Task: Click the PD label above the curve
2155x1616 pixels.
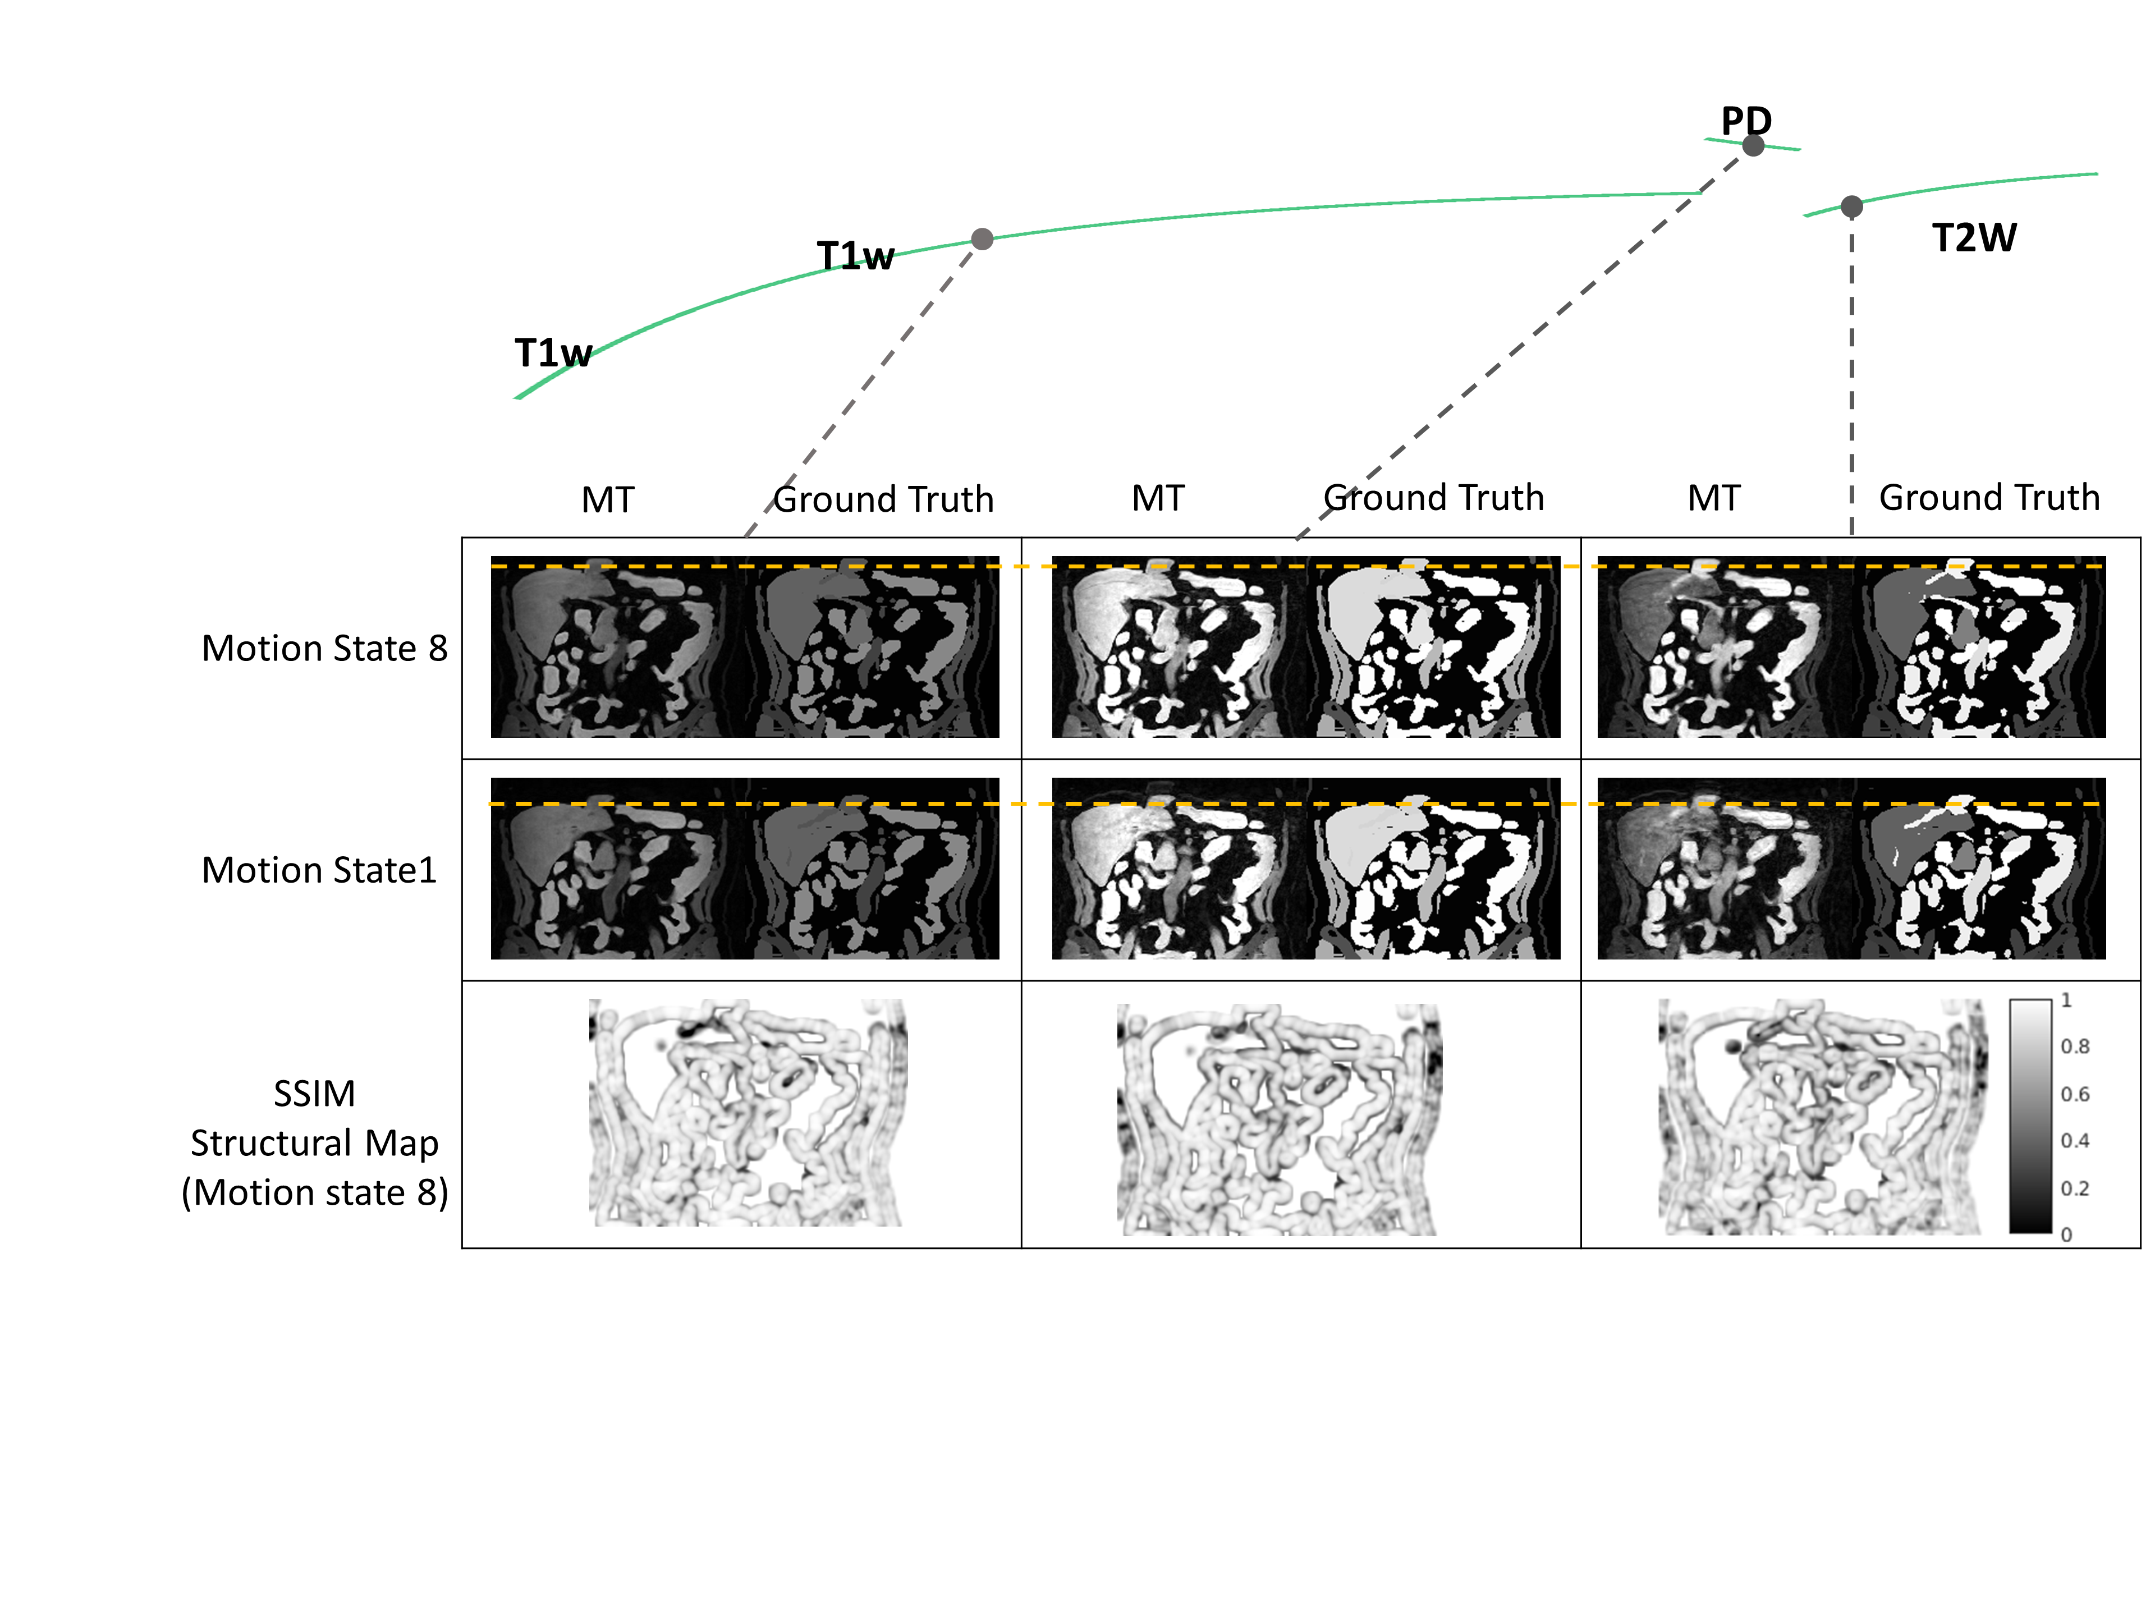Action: tap(1746, 121)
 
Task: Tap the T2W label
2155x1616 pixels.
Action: tap(1974, 238)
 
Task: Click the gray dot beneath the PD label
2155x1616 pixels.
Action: tap(1753, 146)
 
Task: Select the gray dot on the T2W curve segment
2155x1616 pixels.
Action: tap(1851, 206)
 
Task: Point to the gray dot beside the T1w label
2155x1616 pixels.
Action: tap(982, 238)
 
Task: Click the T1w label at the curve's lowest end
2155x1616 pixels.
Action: tap(552, 352)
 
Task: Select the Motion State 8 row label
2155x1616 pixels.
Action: tap(324, 648)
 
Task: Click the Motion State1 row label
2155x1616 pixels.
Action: tap(319, 870)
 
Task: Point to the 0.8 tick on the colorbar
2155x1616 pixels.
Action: tap(2074, 1046)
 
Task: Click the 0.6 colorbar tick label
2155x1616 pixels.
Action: tap(2074, 1094)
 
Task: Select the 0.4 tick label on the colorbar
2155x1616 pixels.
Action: tap(2074, 1141)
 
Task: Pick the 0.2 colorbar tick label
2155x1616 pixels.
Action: tap(2074, 1188)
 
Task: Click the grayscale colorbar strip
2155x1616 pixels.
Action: tap(2030, 1116)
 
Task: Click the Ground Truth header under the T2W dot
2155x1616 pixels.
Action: tap(1988, 498)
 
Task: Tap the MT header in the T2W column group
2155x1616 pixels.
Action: tap(1714, 498)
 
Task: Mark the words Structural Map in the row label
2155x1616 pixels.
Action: tap(314, 1142)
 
